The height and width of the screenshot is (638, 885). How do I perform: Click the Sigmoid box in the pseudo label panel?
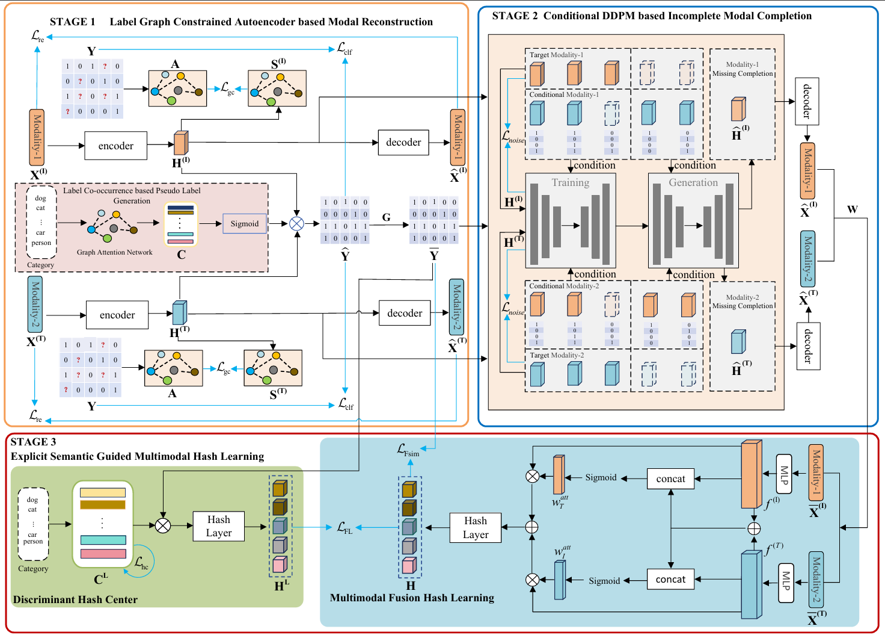tap(244, 224)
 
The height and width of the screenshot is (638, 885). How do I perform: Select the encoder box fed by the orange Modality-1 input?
tap(115, 146)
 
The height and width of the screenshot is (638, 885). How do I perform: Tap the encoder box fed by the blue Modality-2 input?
tap(117, 315)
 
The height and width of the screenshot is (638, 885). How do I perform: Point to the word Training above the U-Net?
tap(570, 182)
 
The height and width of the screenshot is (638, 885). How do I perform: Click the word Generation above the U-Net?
tap(693, 182)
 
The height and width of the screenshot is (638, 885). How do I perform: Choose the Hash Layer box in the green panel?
tap(218, 526)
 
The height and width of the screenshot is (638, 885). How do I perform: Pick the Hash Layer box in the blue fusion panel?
tap(475, 528)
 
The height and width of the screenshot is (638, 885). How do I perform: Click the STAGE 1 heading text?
tap(72, 22)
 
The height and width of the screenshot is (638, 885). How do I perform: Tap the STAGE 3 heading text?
tap(33, 442)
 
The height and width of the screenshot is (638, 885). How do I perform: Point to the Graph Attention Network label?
tap(114, 252)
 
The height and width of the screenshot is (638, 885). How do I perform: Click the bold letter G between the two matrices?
tap(386, 217)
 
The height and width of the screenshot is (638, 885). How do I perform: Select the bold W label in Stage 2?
tap(852, 209)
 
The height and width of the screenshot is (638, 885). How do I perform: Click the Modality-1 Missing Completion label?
tap(743, 69)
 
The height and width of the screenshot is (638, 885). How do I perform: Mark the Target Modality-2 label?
tap(556, 355)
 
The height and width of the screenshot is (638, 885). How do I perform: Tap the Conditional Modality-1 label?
tap(563, 94)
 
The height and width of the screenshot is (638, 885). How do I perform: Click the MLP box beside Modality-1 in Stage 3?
tap(784, 474)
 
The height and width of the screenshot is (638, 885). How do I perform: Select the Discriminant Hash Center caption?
tap(75, 599)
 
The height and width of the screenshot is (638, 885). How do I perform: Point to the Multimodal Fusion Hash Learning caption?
tap(412, 598)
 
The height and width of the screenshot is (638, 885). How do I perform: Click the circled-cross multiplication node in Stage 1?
tap(296, 223)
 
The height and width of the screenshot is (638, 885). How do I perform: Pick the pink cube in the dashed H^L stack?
tap(279, 565)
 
